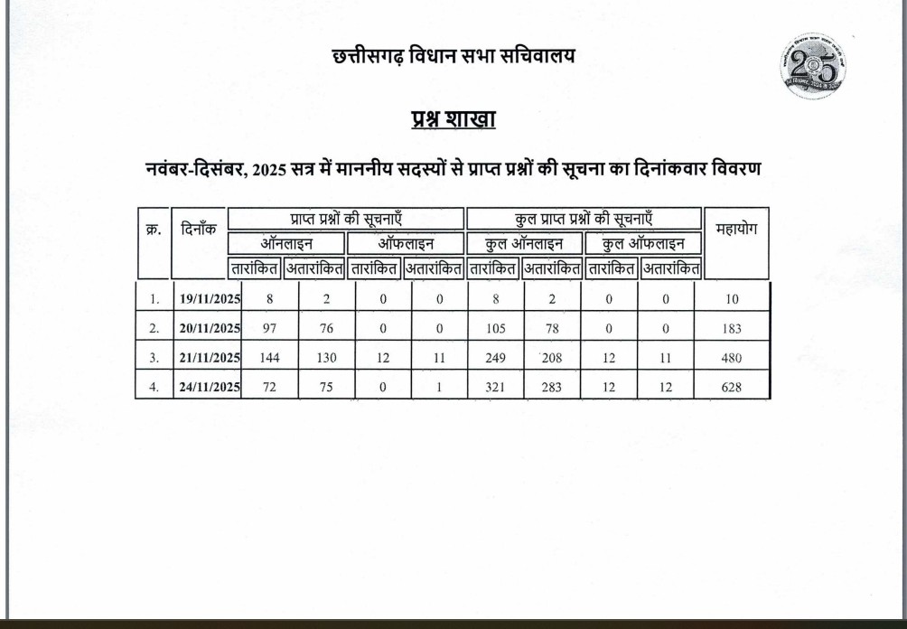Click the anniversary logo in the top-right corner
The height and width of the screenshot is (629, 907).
[x=813, y=66]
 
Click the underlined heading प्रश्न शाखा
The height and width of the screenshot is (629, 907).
[x=453, y=120]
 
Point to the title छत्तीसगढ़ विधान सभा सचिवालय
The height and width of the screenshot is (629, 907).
[x=453, y=56]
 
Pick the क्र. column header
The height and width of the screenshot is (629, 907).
[x=153, y=230]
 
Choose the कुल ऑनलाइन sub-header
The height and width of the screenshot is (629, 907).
[x=524, y=243]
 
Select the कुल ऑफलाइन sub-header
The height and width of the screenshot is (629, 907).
[x=643, y=243]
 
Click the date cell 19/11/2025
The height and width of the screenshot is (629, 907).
[x=210, y=298]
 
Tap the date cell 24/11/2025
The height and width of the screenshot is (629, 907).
[x=210, y=387]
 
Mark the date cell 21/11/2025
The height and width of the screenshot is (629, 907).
[x=210, y=358]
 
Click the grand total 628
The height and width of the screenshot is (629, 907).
[x=732, y=387]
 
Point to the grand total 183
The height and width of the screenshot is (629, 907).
[x=732, y=328]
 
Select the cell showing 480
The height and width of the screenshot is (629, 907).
[x=732, y=358]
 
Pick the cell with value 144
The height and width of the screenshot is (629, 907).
[x=269, y=358]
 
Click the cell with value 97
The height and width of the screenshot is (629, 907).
[x=269, y=328]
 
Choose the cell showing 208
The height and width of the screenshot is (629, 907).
[x=552, y=358]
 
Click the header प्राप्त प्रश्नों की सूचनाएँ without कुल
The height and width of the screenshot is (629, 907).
[x=346, y=219]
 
